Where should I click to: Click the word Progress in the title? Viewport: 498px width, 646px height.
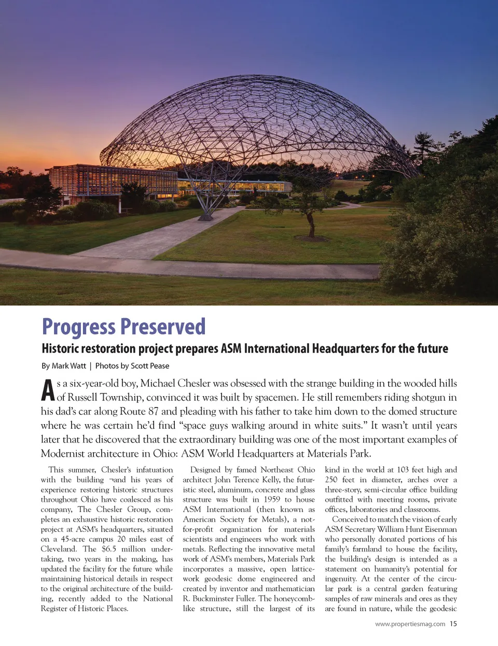79,327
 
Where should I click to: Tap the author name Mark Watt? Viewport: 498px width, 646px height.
69,366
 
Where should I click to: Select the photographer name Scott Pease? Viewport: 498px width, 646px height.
150,366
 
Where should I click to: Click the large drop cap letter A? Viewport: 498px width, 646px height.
48,390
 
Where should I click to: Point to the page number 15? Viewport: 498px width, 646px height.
453,624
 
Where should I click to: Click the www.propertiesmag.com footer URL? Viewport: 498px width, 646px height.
410,624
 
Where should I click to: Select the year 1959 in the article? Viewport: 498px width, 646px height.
272,499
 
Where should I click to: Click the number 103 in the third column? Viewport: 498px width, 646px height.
403,470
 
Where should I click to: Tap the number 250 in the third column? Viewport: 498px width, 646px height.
331,480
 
